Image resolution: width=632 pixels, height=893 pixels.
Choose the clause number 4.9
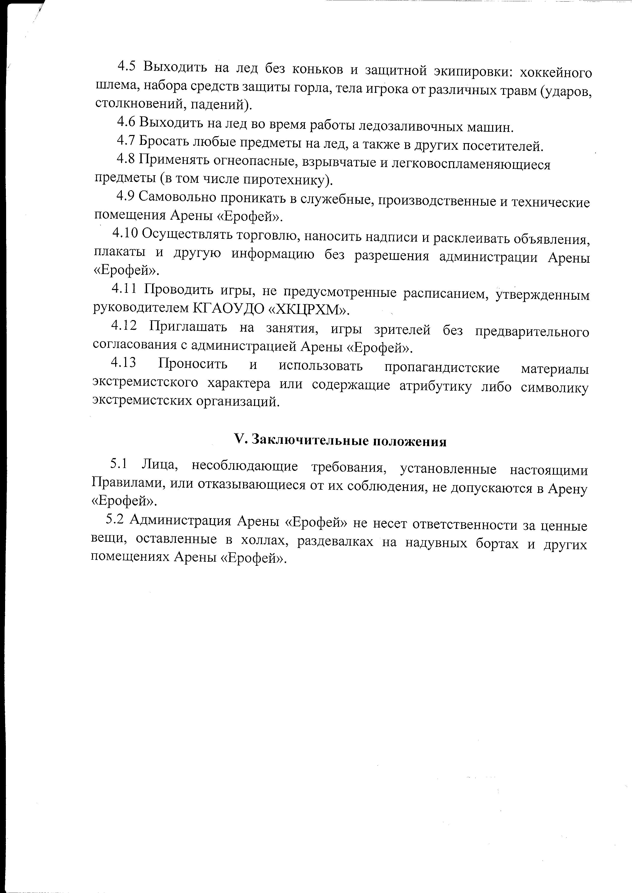tap(125, 197)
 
